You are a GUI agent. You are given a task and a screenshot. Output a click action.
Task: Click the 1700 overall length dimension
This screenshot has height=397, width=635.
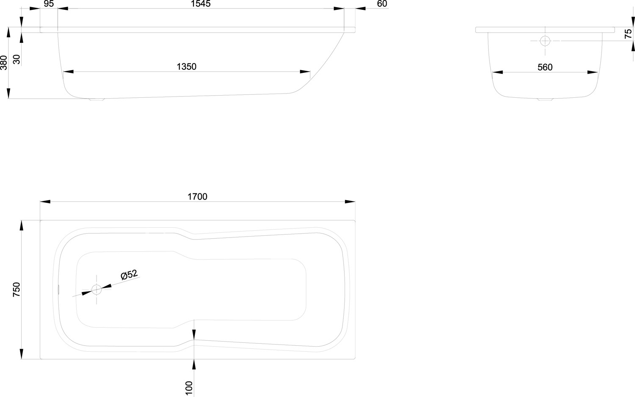[197, 196]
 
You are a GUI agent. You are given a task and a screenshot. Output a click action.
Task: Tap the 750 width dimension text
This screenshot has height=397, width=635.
[17, 289]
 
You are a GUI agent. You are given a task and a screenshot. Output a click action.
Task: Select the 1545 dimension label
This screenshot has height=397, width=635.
[200, 4]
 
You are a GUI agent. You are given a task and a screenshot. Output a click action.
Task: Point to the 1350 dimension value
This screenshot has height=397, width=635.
[186, 66]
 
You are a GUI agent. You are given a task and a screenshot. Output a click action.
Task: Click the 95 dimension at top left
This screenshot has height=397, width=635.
[49, 4]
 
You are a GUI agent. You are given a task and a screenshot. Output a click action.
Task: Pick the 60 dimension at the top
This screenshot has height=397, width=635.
[382, 4]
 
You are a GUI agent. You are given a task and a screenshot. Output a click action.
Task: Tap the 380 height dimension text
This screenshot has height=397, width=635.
[4, 63]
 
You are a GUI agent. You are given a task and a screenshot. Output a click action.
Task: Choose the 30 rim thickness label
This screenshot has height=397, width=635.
[17, 59]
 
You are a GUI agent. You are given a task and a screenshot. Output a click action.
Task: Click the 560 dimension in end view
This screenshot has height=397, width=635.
[545, 67]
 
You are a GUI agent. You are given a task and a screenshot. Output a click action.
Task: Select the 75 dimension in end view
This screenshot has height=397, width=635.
[628, 34]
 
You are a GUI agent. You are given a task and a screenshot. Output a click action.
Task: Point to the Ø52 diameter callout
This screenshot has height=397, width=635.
[129, 275]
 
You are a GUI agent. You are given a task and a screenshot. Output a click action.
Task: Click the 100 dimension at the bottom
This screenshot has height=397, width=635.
[188, 388]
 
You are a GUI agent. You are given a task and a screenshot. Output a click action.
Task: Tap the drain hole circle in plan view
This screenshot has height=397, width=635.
[97, 289]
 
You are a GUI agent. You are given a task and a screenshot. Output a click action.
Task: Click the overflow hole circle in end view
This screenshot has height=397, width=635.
[545, 41]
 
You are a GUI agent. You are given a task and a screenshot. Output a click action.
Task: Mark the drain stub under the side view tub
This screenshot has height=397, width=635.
[97, 99]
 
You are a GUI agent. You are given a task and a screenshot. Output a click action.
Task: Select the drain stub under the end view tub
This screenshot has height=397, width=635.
[545, 99]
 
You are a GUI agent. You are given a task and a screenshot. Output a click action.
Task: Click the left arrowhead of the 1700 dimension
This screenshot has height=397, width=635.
[45, 201]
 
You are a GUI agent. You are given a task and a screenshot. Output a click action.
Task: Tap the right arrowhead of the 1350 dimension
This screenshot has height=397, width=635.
[305, 72]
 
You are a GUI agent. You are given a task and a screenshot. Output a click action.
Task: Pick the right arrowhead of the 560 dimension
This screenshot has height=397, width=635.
[593, 72]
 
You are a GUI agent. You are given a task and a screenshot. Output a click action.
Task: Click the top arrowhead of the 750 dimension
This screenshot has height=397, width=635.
[21, 226]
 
